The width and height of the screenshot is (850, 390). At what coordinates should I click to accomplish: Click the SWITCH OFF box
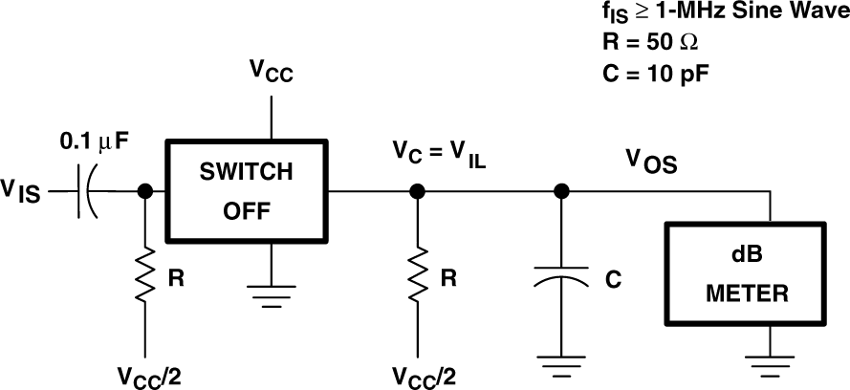click(248, 190)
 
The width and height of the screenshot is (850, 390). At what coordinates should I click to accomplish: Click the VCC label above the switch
click(272, 74)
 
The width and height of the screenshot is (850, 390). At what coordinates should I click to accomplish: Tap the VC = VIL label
click(439, 154)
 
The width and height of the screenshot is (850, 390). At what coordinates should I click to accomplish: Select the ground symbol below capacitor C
click(562, 365)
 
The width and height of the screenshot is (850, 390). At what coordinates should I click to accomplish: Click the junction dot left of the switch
click(145, 191)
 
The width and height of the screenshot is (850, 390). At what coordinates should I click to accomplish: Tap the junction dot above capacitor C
click(562, 191)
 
